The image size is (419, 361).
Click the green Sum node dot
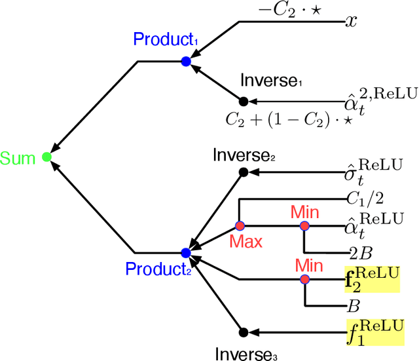(46, 157)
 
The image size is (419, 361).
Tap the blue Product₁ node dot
(185, 62)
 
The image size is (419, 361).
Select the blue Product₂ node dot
(185, 252)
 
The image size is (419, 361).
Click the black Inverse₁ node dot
(244, 102)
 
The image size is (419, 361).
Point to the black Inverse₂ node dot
(244, 172)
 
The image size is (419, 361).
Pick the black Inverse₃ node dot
(244, 332)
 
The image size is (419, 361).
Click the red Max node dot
(239, 225)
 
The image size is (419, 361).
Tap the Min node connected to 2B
(304, 225)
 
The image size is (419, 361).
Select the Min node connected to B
(304, 280)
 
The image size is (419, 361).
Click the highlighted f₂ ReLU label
(371, 280)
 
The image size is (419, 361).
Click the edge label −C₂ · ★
(286, 12)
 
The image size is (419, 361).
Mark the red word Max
(246, 242)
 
